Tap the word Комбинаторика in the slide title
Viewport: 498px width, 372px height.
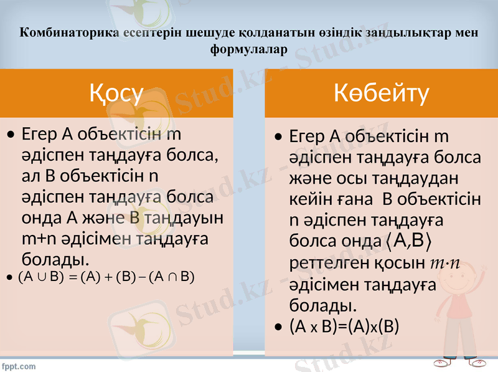click(61, 33)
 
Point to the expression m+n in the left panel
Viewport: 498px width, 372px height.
click(40, 238)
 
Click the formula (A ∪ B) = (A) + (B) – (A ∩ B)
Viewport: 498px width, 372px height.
click(106, 277)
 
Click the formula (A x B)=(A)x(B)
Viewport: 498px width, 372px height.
click(344, 327)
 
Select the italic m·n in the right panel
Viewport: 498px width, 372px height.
click(445, 262)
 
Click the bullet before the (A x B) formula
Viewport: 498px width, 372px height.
click(278, 327)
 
